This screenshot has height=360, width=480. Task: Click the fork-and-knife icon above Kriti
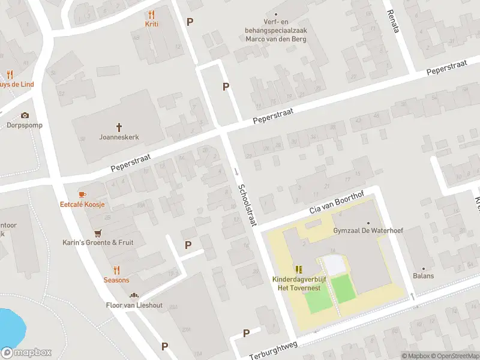click(151, 14)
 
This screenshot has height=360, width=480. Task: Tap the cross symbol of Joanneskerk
click(119, 127)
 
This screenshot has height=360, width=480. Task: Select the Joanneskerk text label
click(119, 137)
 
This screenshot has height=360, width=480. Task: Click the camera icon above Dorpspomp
click(25, 115)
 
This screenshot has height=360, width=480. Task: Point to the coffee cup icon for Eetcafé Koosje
click(82, 194)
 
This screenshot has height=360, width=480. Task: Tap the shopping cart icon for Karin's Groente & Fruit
click(97, 233)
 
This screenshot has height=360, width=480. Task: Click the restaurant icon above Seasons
click(116, 270)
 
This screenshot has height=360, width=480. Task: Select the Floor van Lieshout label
click(134, 305)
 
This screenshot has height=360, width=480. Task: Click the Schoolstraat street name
click(246, 205)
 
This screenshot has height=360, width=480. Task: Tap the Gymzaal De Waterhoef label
click(376, 230)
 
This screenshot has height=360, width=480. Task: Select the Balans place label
click(423, 276)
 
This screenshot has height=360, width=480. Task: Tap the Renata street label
click(392, 22)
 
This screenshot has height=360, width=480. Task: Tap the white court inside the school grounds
click(334, 265)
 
